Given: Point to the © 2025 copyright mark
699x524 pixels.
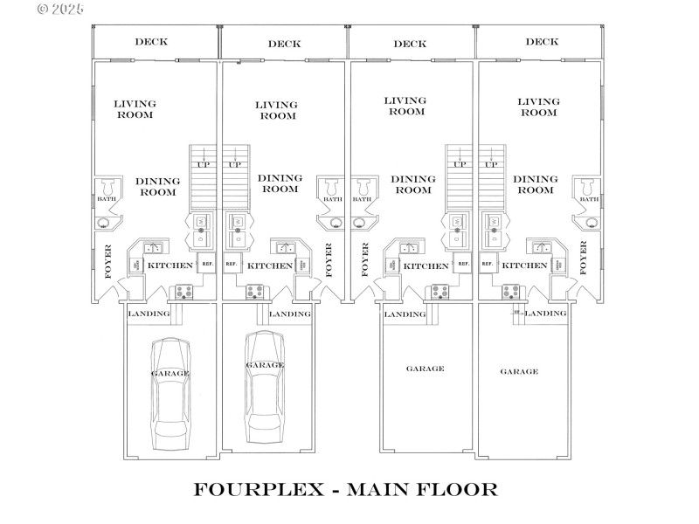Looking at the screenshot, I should tap(61, 9).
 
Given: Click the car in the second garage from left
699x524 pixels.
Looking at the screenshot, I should tap(264, 385).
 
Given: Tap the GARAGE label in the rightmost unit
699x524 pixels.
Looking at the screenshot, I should tap(519, 371).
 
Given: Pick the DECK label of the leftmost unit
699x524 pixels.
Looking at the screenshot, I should tap(151, 42).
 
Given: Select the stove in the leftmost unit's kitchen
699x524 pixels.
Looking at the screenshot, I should tap(185, 292).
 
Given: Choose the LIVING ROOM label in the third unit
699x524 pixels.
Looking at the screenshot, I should tap(406, 106).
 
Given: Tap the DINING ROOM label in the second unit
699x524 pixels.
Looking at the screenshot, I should tap(280, 183).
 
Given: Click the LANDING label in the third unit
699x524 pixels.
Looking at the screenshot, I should tap(405, 314).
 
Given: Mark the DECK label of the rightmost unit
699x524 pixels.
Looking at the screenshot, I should tap(542, 42).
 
